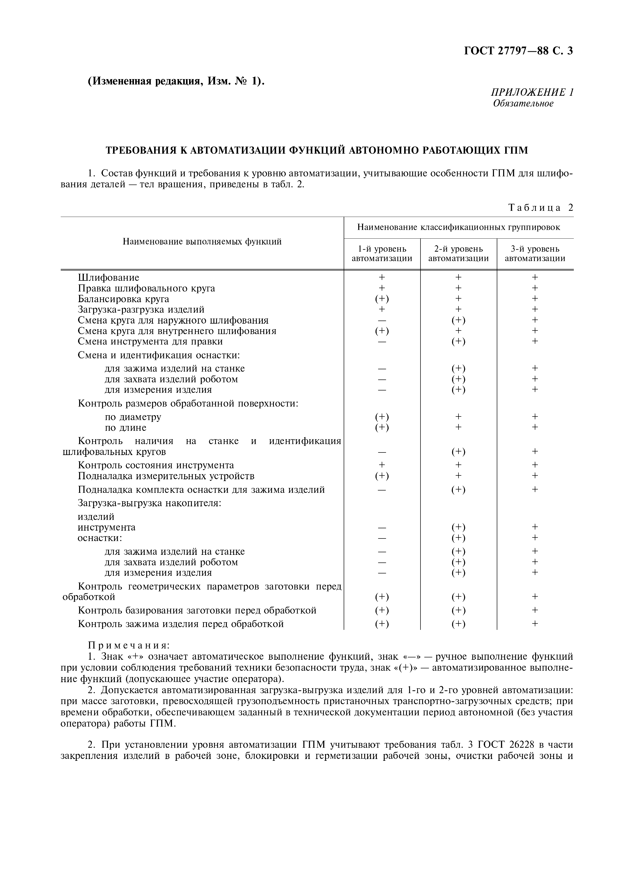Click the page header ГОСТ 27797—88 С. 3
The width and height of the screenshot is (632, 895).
point(518,51)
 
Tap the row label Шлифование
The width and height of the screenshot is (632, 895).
point(108,278)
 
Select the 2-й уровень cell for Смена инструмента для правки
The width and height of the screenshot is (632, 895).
point(458,341)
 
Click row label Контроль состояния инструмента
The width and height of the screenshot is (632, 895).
point(156,465)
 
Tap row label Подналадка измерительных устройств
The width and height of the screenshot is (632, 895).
point(166,476)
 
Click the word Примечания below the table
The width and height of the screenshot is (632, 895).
point(129,645)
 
